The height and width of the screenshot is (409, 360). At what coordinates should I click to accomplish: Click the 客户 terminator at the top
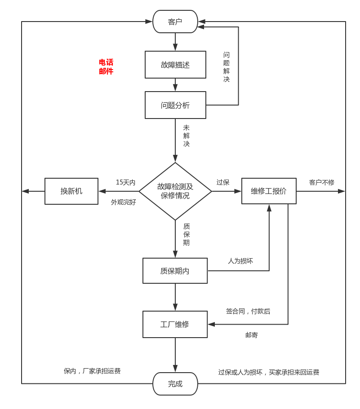tap(175, 22)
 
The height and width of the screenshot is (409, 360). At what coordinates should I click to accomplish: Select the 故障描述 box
tap(175, 65)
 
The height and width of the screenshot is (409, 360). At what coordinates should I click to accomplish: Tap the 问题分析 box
tap(175, 105)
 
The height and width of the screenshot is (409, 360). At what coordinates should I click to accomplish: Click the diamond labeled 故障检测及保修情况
tap(175, 191)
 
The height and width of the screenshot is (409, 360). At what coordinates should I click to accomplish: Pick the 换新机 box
tap(71, 191)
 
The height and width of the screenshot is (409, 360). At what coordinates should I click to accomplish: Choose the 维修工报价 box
tap(269, 191)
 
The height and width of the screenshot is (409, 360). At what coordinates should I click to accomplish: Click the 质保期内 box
tap(175, 271)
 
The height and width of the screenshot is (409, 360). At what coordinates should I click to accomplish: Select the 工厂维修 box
tap(175, 324)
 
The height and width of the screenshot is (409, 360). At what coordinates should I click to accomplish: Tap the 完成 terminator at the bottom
tap(175, 384)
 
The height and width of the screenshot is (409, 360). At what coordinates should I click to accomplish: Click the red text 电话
tap(106, 62)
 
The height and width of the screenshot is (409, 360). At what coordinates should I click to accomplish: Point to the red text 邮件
tap(106, 71)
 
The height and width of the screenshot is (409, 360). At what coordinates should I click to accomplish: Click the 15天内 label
tap(125, 182)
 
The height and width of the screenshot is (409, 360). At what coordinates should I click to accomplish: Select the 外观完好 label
tap(124, 202)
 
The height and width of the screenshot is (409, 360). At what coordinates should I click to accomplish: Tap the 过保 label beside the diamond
tap(223, 182)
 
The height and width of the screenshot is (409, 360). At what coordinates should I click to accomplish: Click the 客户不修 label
tap(322, 182)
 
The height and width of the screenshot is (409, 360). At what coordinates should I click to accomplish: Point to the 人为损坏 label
tap(240, 261)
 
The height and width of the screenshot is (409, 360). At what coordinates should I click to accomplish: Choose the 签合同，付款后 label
tap(248, 311)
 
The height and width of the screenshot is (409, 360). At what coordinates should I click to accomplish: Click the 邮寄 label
tap(252, 335)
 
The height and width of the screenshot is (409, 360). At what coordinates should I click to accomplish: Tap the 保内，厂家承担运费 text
tap(92, 371)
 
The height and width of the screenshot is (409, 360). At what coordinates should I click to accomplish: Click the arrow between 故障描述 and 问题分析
tap(175, 85)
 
